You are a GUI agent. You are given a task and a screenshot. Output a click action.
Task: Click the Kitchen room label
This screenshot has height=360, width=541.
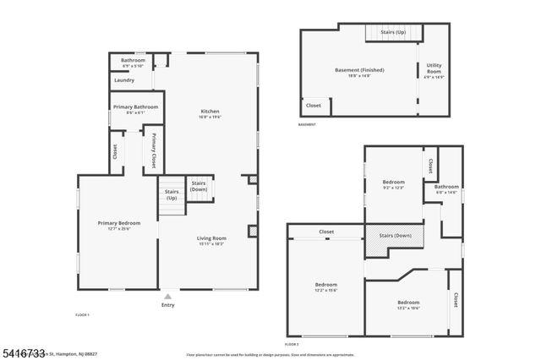(x=210, y=114)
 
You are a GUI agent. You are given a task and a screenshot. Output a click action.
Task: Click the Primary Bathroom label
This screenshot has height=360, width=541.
(x=135, y=109)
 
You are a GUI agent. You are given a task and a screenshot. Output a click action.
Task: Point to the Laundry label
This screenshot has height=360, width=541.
(x=124, y=80)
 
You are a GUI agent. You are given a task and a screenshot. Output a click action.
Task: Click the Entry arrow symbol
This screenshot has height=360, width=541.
(x=167, y=296)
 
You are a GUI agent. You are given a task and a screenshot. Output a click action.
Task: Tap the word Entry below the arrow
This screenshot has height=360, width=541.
(x=167, y=305)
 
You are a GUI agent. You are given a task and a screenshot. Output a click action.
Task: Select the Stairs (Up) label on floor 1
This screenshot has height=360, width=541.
(x=171, y=195)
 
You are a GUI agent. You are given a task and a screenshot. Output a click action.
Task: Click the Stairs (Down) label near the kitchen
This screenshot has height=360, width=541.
(x=199, y=186)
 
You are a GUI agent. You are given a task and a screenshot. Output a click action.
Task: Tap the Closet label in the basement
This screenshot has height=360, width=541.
(x=313, y=106)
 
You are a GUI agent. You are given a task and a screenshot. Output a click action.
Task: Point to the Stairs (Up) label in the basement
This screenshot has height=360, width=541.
(x=393, y=32)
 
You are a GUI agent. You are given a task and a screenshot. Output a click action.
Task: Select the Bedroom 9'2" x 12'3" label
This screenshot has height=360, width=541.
(x=394, y=184)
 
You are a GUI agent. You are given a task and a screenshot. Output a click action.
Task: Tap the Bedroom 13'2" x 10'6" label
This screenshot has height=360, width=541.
(x=409, y=305)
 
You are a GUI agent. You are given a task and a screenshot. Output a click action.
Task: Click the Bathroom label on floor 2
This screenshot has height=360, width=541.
(x=446, y=189)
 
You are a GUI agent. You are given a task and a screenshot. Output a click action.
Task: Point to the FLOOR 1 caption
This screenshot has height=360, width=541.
(x=82, y=314)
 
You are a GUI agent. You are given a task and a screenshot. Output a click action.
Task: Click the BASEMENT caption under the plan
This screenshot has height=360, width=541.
(x=307, y=124)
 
